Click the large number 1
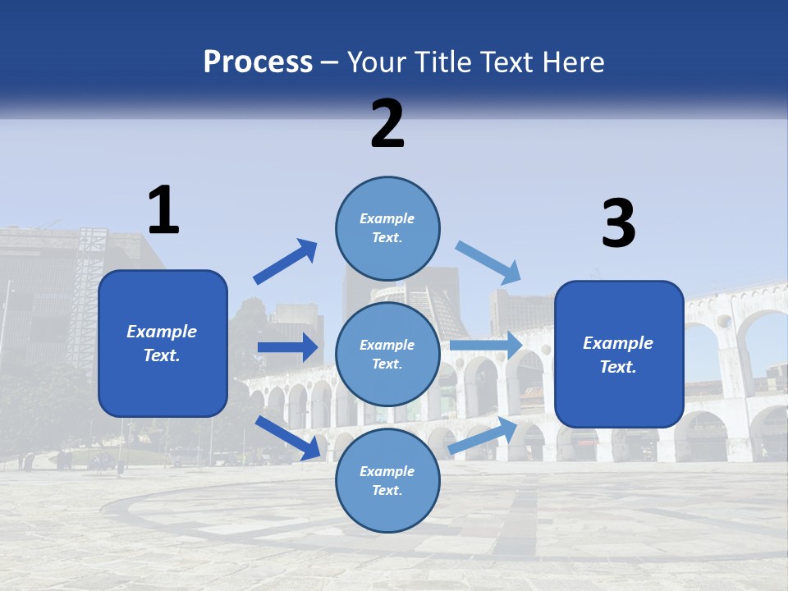coord(163,210)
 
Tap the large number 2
coord(387,124)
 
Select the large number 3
coord(618,224)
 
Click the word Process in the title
coord(258,62)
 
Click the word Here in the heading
coord(574,62)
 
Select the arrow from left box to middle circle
coord(287,347)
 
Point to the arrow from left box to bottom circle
coord(288,437)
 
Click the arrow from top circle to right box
coord(489,263)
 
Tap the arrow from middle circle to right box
coord(486,345)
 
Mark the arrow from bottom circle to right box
coord(483,435)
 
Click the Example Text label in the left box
coord(162,343)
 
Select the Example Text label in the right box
coord(618,355)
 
